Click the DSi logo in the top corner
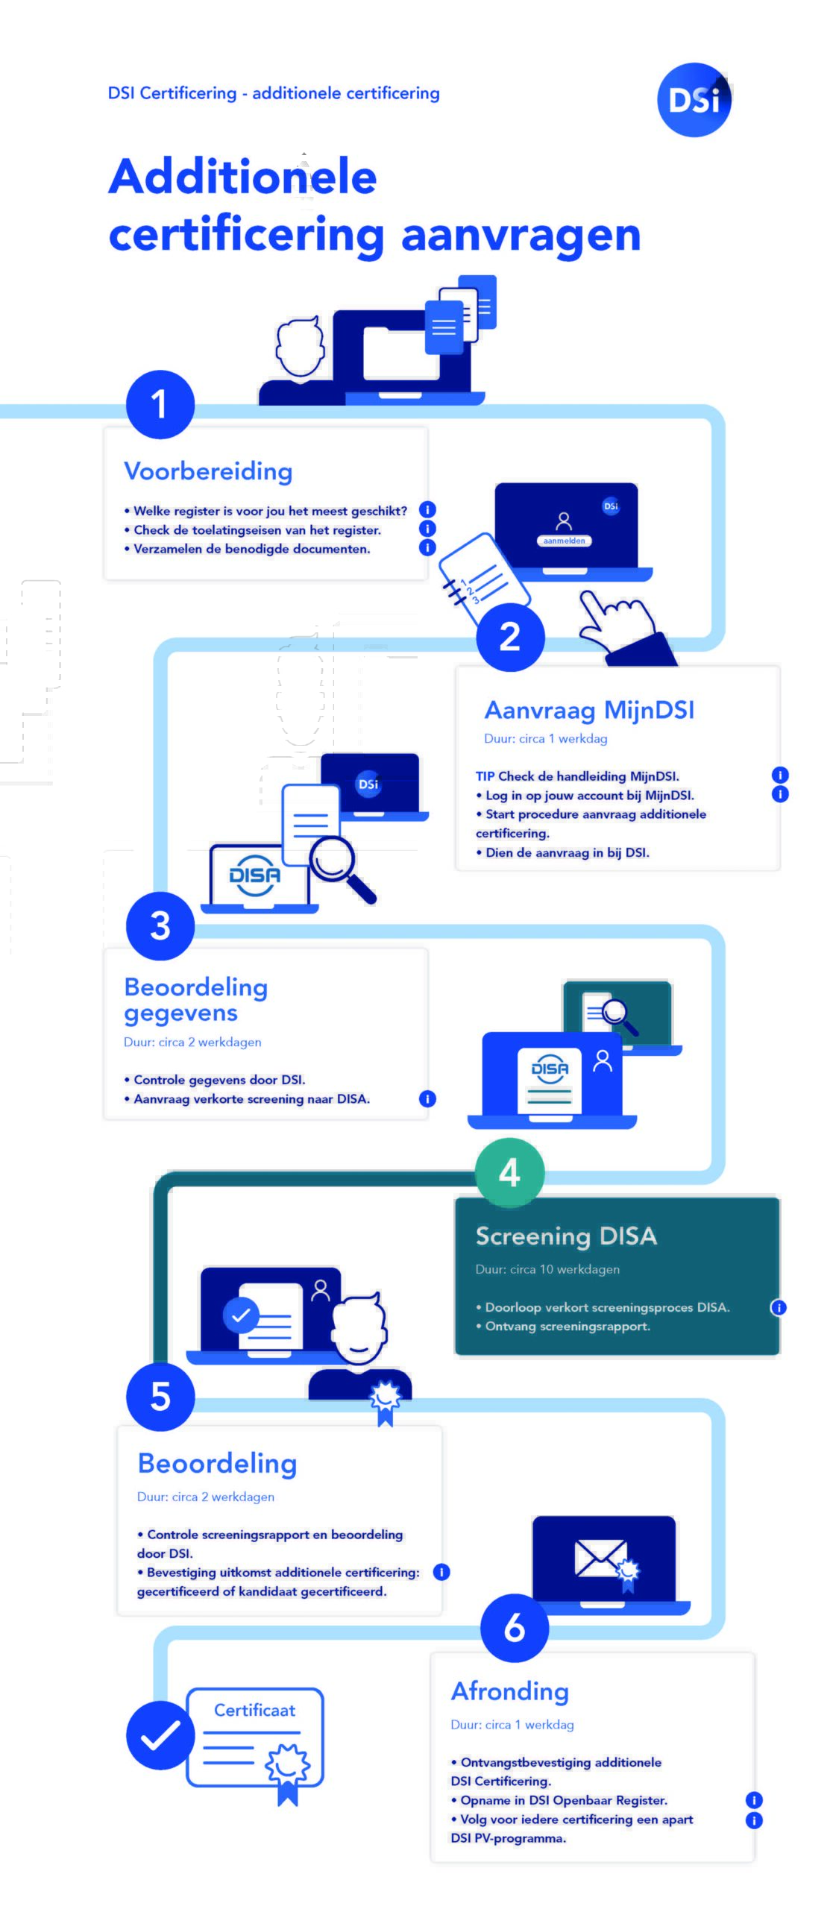[x=694, y=100]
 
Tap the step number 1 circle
[x=160, y=404]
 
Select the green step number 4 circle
[x=510, y=1172]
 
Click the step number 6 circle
[x=515, y=1628]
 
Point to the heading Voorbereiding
[x=208, y=471]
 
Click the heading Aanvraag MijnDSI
[x=589, y=710]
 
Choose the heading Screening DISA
[x=566, y=1236]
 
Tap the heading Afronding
[x=510, y=1691]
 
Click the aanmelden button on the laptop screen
[x=564, y=541]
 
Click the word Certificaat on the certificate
[x=254, y=1710]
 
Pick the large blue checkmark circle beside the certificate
[x=160, y=1735]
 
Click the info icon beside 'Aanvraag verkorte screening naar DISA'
[x=427, y=1098]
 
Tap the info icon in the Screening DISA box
[x=779, y=1307]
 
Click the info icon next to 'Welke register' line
[x=427, y=509]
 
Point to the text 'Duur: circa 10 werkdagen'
[x=547, y=1269]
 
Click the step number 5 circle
[x=160, y=1397]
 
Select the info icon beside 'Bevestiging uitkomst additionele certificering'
[x=441, y=1572]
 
